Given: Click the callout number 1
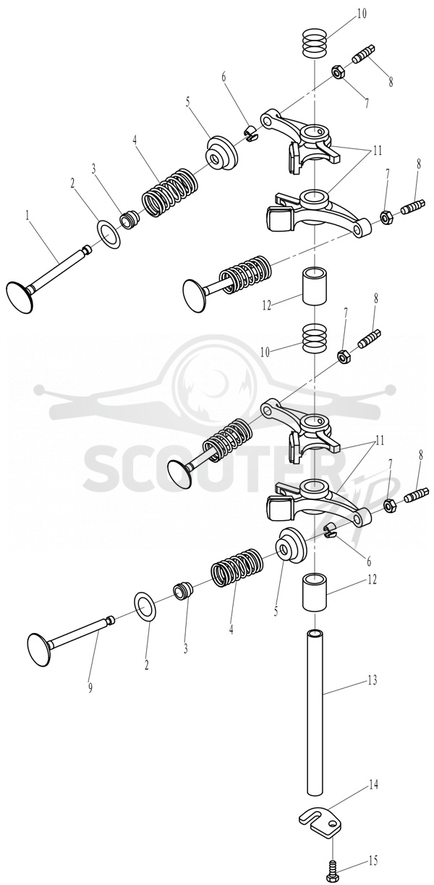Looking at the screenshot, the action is (x=27, y=216).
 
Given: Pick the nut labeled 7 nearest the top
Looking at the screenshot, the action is (x=338, y=72).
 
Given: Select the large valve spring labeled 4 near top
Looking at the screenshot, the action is (x=171, y=191).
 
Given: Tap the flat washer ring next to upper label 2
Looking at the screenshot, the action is (x=109, y=234).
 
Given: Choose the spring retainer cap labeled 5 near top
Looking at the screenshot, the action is (x=222, y=154).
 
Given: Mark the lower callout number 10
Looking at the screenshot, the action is (x=265, y=352).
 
